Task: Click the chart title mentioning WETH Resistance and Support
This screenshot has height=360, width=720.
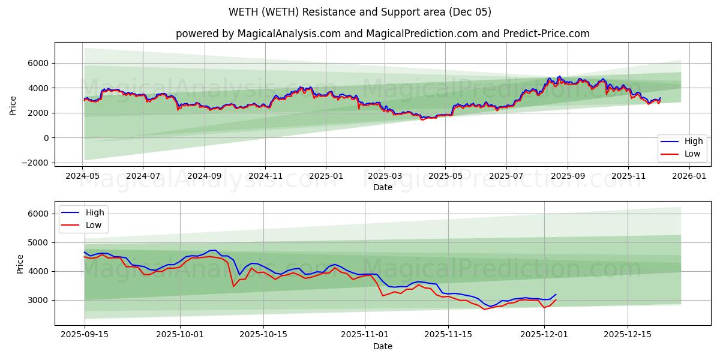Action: (x=360, y=12)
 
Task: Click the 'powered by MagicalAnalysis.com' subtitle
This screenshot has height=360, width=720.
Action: (x=382, y=34)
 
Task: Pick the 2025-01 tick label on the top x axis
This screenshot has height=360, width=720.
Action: (x=326, y=177)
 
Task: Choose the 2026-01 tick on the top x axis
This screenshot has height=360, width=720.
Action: (x=689, y=177)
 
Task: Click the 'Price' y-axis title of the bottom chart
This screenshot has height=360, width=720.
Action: (x=20, y=264)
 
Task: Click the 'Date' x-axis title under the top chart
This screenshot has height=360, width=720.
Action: (x=382, y=187)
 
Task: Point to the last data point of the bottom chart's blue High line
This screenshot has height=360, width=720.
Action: (x=556, y=295)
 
